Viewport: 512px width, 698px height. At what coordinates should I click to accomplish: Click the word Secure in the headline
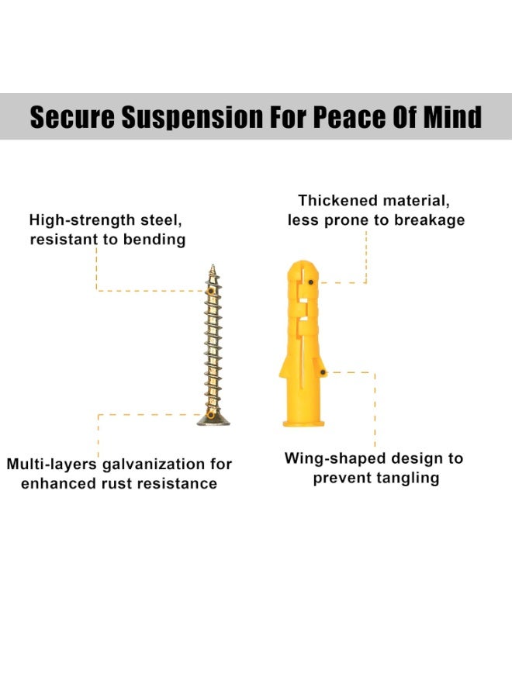pyautogui.click(x=73, y=117)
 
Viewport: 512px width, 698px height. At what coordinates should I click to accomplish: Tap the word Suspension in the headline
pyautogui.click(x=192, y=118)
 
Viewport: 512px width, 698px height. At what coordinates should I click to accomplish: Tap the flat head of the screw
pyautogui.click(x=213, y=420)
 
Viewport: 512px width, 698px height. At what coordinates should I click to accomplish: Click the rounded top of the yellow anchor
pyautogui.click(x=303, y=267)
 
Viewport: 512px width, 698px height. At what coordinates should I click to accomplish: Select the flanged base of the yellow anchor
pyautogui.click(x=303, y=422)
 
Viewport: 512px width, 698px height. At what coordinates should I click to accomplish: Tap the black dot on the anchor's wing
pyautogui.click(x=323, y=372)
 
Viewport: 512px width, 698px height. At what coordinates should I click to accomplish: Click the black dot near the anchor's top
pyautogui.click(x=311, y=282)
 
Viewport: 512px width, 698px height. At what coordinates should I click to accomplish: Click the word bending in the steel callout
pyautogui.click(x=154, y=240)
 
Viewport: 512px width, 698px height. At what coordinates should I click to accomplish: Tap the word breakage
pyautogui.click(x=429, y=220)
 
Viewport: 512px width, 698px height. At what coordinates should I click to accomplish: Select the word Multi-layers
pyautogui.click(x=51, y=465)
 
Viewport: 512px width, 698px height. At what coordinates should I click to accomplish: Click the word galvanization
pyautogui.click(x=154, y=465)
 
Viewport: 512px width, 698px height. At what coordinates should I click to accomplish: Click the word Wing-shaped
pyautogui.click(x=334, y=458)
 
